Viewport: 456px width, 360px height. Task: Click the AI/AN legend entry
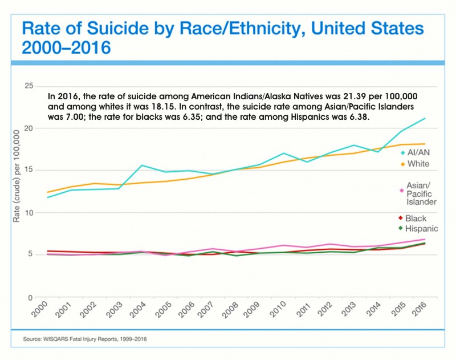click(419, 152)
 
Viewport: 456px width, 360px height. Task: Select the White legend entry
click(419, 164)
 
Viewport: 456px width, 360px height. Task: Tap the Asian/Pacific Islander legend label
click(422, 193)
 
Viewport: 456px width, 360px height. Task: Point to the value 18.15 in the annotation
click(155, 106)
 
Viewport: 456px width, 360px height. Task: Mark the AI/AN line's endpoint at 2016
click(424, 119)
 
